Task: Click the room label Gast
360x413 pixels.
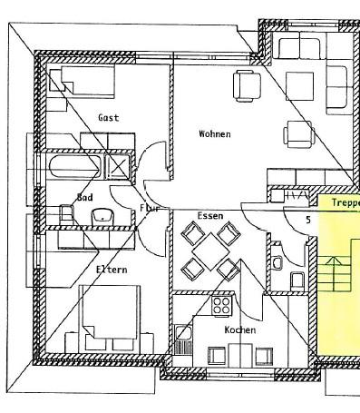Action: click(x=109, y=118)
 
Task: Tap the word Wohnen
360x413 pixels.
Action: click(x=215, y=134)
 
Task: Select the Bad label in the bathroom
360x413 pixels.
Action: click(x=85, y=197)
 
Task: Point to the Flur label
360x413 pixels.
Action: click(x=149, y=208)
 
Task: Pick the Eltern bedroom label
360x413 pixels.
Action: click(x=112, y=270)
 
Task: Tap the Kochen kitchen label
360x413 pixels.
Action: click(x=240, y=330)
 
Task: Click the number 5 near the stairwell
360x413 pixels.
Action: click(x=308, y=220)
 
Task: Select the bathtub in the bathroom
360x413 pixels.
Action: click(x=73, y=167)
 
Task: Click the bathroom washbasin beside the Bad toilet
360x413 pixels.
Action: click(x=102, y=216)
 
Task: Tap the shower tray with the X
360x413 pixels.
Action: click(x=119, y=167)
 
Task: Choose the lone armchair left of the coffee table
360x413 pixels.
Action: click(x=248, y=85)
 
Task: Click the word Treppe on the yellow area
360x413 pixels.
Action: click(x=345, y=204)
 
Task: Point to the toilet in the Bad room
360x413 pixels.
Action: click(x=65, y=215)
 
